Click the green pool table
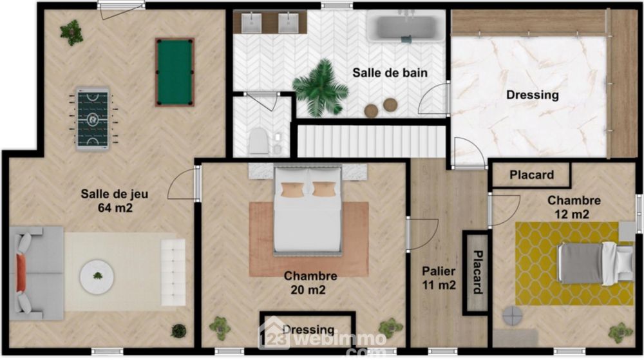pyautogui.click(x=175, y=72)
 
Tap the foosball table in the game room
pyautogui.click(x=93, y=118)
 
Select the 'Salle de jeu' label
pyautogui.click(x=114, y=194)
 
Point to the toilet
pyautogui.click(x=258, y=141)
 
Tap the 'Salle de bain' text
pyautogui.click(x=390, y=73)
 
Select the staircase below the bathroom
pyautogui.click(x=372, y=141)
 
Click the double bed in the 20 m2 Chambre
pyautogui.click(x=308, y=209)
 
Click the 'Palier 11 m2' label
pyautogui.click(x=439, y=278)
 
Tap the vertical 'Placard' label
pyautogui.click(x=477, y=272)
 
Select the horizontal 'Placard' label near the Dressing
pyautogui.click(x=531, y=175)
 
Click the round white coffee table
pyautogui.click(x=97, y=277)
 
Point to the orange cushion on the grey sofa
pyautogui.click(x=21, y=273)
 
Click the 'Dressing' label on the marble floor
pyautogui.click(x=533, y=95)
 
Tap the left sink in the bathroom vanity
pyautogui.click(x=251, y=23)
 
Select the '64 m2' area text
pyautogui.click(x=115, y=208)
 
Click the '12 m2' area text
pyautogui.click(x=572, y=214)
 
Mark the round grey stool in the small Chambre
pyautogui.click(x=513, y=316)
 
